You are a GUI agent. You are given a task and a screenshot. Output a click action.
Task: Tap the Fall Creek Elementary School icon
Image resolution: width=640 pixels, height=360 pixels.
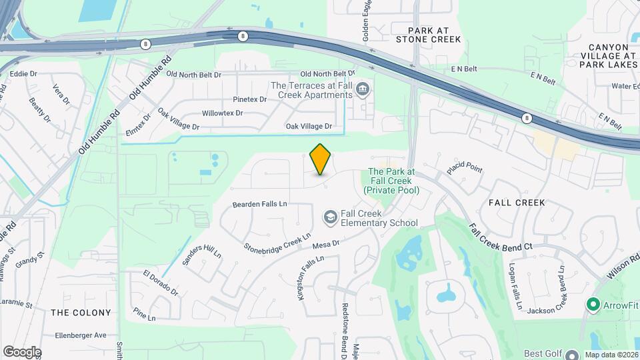330,217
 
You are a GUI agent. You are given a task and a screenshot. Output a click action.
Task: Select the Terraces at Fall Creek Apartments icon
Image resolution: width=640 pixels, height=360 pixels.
363,89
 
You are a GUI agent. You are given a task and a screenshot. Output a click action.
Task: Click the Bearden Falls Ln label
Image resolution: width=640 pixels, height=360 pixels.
259,203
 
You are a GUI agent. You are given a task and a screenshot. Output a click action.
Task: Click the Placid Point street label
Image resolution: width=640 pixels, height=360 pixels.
465,167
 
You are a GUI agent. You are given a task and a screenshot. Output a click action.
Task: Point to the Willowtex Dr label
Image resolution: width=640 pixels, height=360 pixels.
224,113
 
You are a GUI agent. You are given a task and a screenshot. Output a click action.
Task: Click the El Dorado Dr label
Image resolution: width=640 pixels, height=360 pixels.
161,283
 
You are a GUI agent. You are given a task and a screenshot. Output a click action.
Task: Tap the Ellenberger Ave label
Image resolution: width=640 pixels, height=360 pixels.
81,335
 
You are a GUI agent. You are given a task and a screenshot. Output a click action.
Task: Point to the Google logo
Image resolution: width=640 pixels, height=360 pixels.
22,352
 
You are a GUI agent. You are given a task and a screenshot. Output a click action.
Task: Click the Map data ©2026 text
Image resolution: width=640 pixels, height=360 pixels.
611,354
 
